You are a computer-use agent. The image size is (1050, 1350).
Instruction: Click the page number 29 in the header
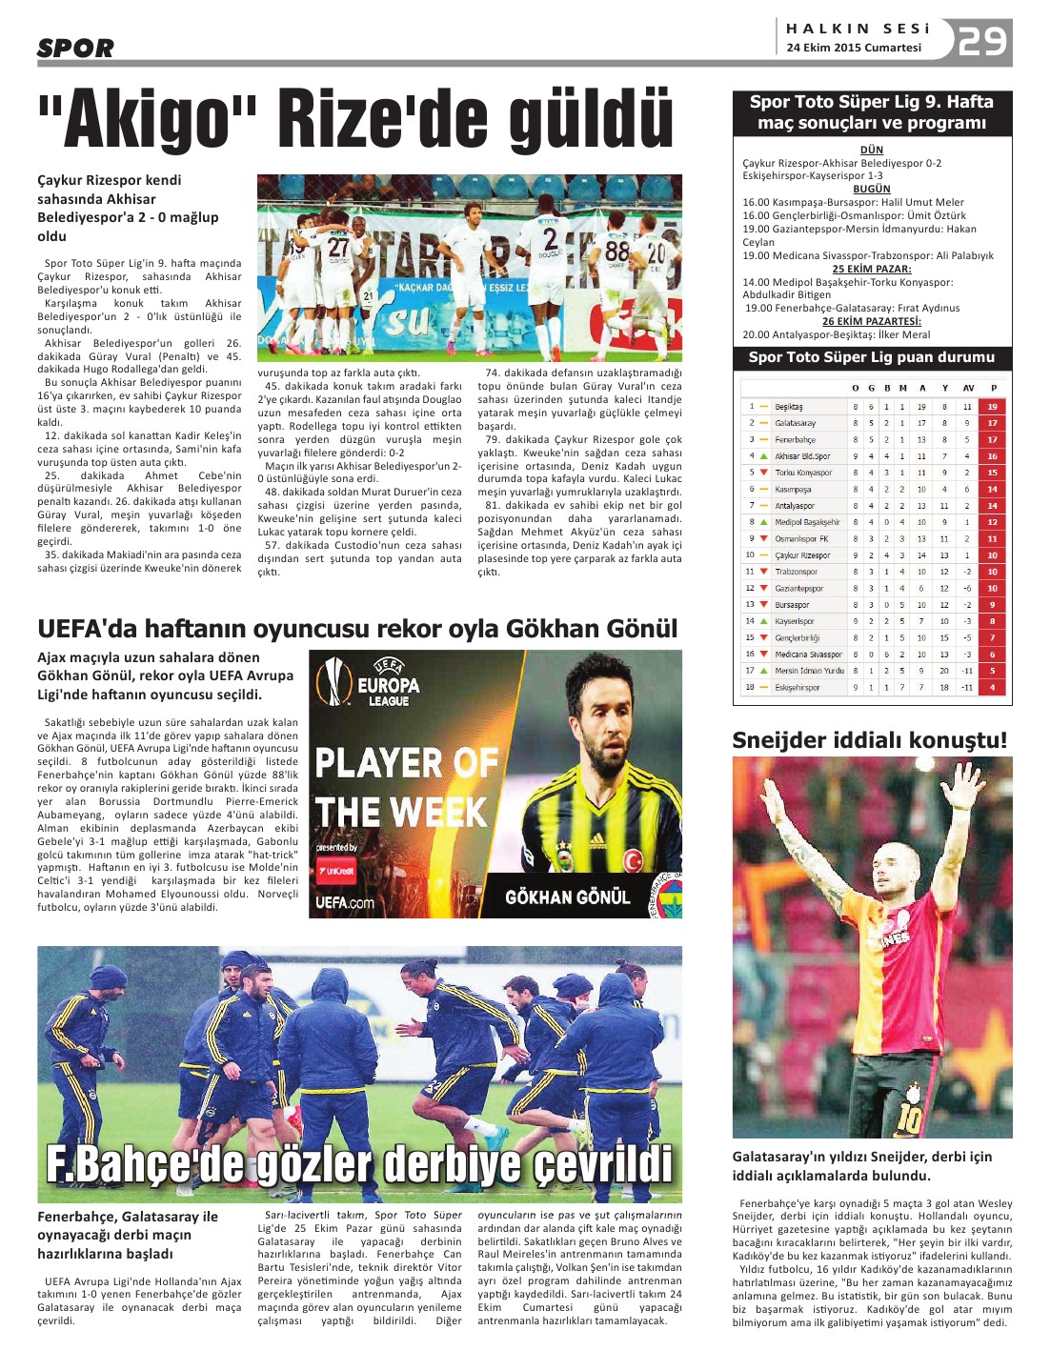click(x=982, y=42)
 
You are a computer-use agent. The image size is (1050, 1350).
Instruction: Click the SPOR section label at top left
click(x=75, y=48)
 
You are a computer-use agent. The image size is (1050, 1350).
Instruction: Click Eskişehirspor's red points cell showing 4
click(x=992, y=687)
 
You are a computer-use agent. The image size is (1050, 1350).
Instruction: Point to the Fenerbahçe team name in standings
click(x=795, y=440)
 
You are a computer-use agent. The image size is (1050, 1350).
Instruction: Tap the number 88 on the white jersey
click(x=616, y=251)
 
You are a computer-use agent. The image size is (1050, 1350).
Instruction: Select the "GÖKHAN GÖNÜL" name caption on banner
click(x=567, y=897)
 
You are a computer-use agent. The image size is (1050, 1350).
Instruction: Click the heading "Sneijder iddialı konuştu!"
click(x=869, y=740)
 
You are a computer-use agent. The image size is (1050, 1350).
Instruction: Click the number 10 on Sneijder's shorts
click(x=909, y=1118)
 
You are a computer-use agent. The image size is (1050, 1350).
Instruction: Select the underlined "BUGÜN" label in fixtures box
click(x=871, y=189)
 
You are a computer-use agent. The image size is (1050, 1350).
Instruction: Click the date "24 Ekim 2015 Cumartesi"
click(x=854, y=48)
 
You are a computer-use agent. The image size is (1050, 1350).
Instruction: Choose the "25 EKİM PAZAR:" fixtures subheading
click(x=871, y=269)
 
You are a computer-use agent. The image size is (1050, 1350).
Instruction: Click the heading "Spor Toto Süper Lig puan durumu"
click(x=871, y=357)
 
